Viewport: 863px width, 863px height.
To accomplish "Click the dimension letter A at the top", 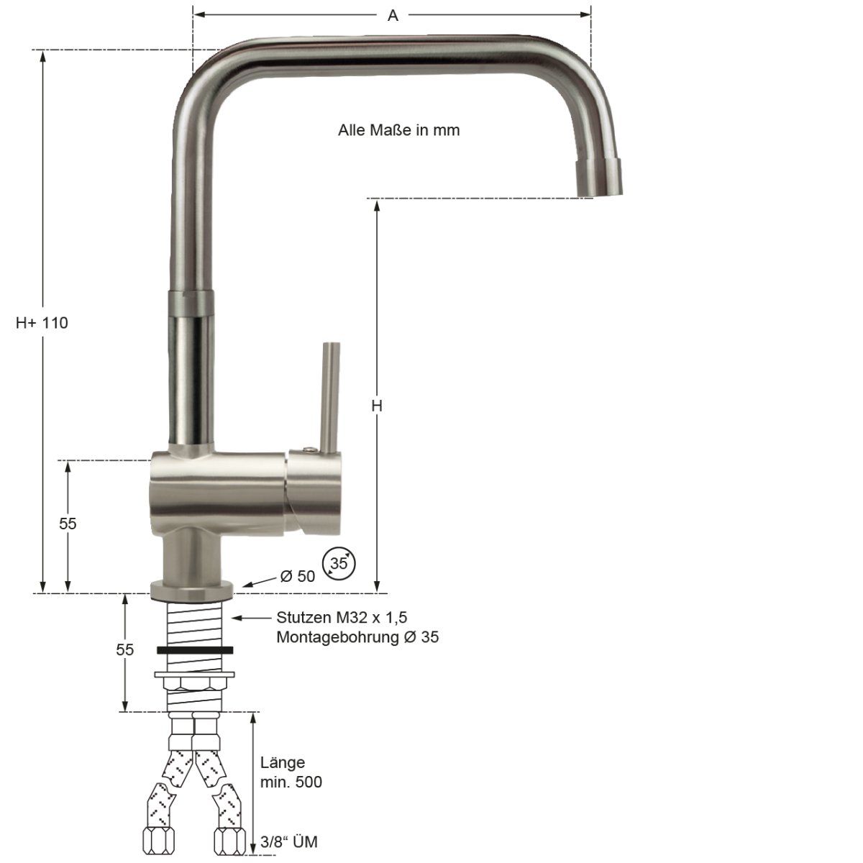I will pos(393,16).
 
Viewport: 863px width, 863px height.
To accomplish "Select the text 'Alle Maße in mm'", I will pos(398,130).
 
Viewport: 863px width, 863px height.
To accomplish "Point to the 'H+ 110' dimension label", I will pos(42,323).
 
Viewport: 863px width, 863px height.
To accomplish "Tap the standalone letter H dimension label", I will pos(377,406).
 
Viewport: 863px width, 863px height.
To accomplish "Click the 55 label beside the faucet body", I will pos(68,524).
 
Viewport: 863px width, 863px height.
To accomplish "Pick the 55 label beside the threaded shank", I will pos(125,650).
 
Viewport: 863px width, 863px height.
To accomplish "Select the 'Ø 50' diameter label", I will pos(298,576).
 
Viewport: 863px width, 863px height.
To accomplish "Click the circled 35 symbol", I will pos(339,564).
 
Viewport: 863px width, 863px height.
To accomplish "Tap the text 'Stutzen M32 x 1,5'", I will pos(342,618).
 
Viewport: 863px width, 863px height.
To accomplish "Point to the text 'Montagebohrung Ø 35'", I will pos(357,637).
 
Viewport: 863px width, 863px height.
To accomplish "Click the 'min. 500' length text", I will pos(291,782).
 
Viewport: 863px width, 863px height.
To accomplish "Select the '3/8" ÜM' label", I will pos(289,842).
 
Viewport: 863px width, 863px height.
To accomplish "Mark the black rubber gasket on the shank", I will pos(194,650).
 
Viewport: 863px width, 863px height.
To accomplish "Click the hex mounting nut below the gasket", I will pos(194,682).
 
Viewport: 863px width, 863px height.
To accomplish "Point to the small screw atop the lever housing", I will pos(309,450).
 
